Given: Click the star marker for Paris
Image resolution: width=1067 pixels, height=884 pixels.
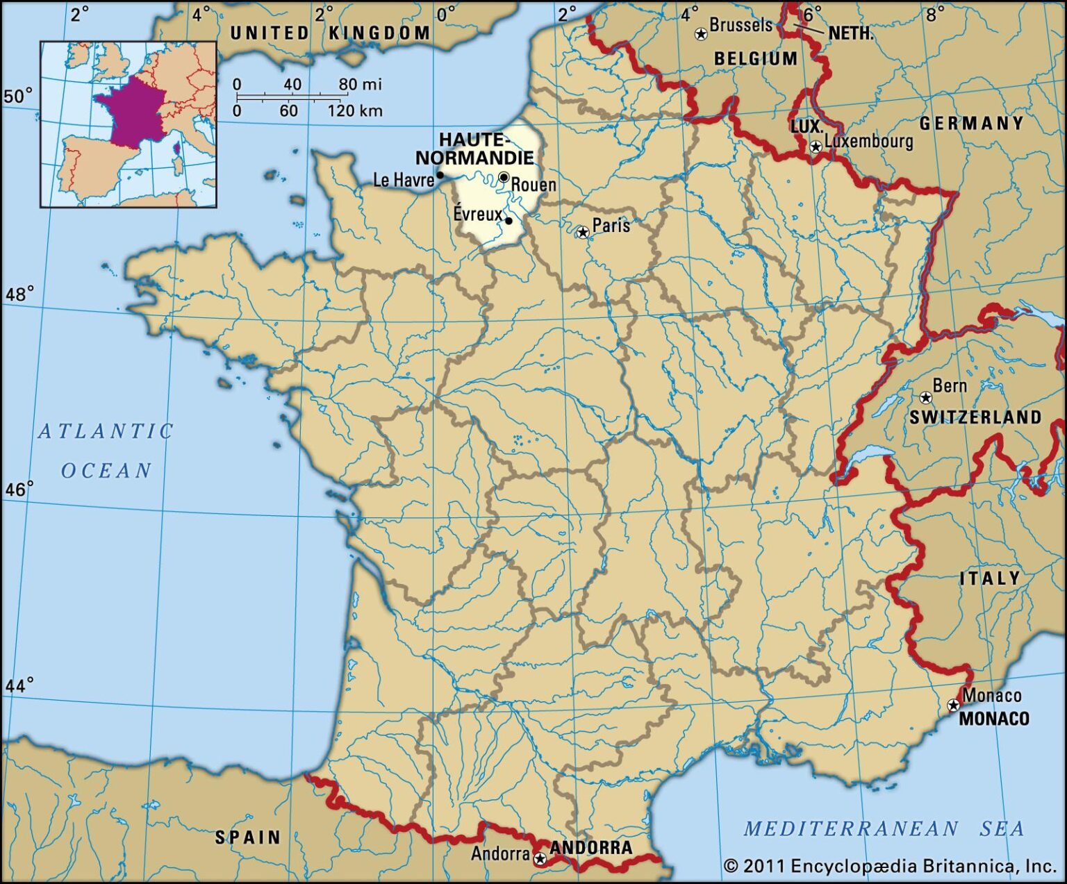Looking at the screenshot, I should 583,232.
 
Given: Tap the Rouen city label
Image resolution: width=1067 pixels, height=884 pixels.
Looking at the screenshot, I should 533,185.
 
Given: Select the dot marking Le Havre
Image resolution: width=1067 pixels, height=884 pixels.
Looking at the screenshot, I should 440,175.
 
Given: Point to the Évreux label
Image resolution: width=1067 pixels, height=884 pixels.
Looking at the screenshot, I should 478,214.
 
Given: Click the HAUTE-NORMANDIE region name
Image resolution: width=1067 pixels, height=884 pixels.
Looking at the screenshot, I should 475,149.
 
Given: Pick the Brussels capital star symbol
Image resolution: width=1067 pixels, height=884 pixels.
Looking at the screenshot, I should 701,33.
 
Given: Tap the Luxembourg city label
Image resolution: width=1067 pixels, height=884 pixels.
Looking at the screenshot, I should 868,141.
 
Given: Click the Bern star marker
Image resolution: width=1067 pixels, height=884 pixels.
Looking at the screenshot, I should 925,397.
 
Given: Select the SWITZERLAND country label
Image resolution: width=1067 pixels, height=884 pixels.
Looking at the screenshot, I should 976,417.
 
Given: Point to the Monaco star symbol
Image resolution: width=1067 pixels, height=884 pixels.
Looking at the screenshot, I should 954,705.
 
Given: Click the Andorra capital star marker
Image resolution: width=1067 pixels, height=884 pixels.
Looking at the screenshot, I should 540,859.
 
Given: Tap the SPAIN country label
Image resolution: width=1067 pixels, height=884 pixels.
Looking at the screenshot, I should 248,837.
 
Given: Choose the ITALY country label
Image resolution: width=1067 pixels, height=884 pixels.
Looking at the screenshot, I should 990,578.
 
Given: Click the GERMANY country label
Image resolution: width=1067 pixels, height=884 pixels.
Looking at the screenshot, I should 972,124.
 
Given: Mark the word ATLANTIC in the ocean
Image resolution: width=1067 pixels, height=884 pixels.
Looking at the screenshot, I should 106,431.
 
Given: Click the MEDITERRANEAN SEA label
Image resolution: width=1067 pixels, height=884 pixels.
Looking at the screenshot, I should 884,828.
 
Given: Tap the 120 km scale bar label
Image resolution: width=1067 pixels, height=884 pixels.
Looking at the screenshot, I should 355,111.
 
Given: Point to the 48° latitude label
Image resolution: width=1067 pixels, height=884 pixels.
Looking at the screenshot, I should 19,294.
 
